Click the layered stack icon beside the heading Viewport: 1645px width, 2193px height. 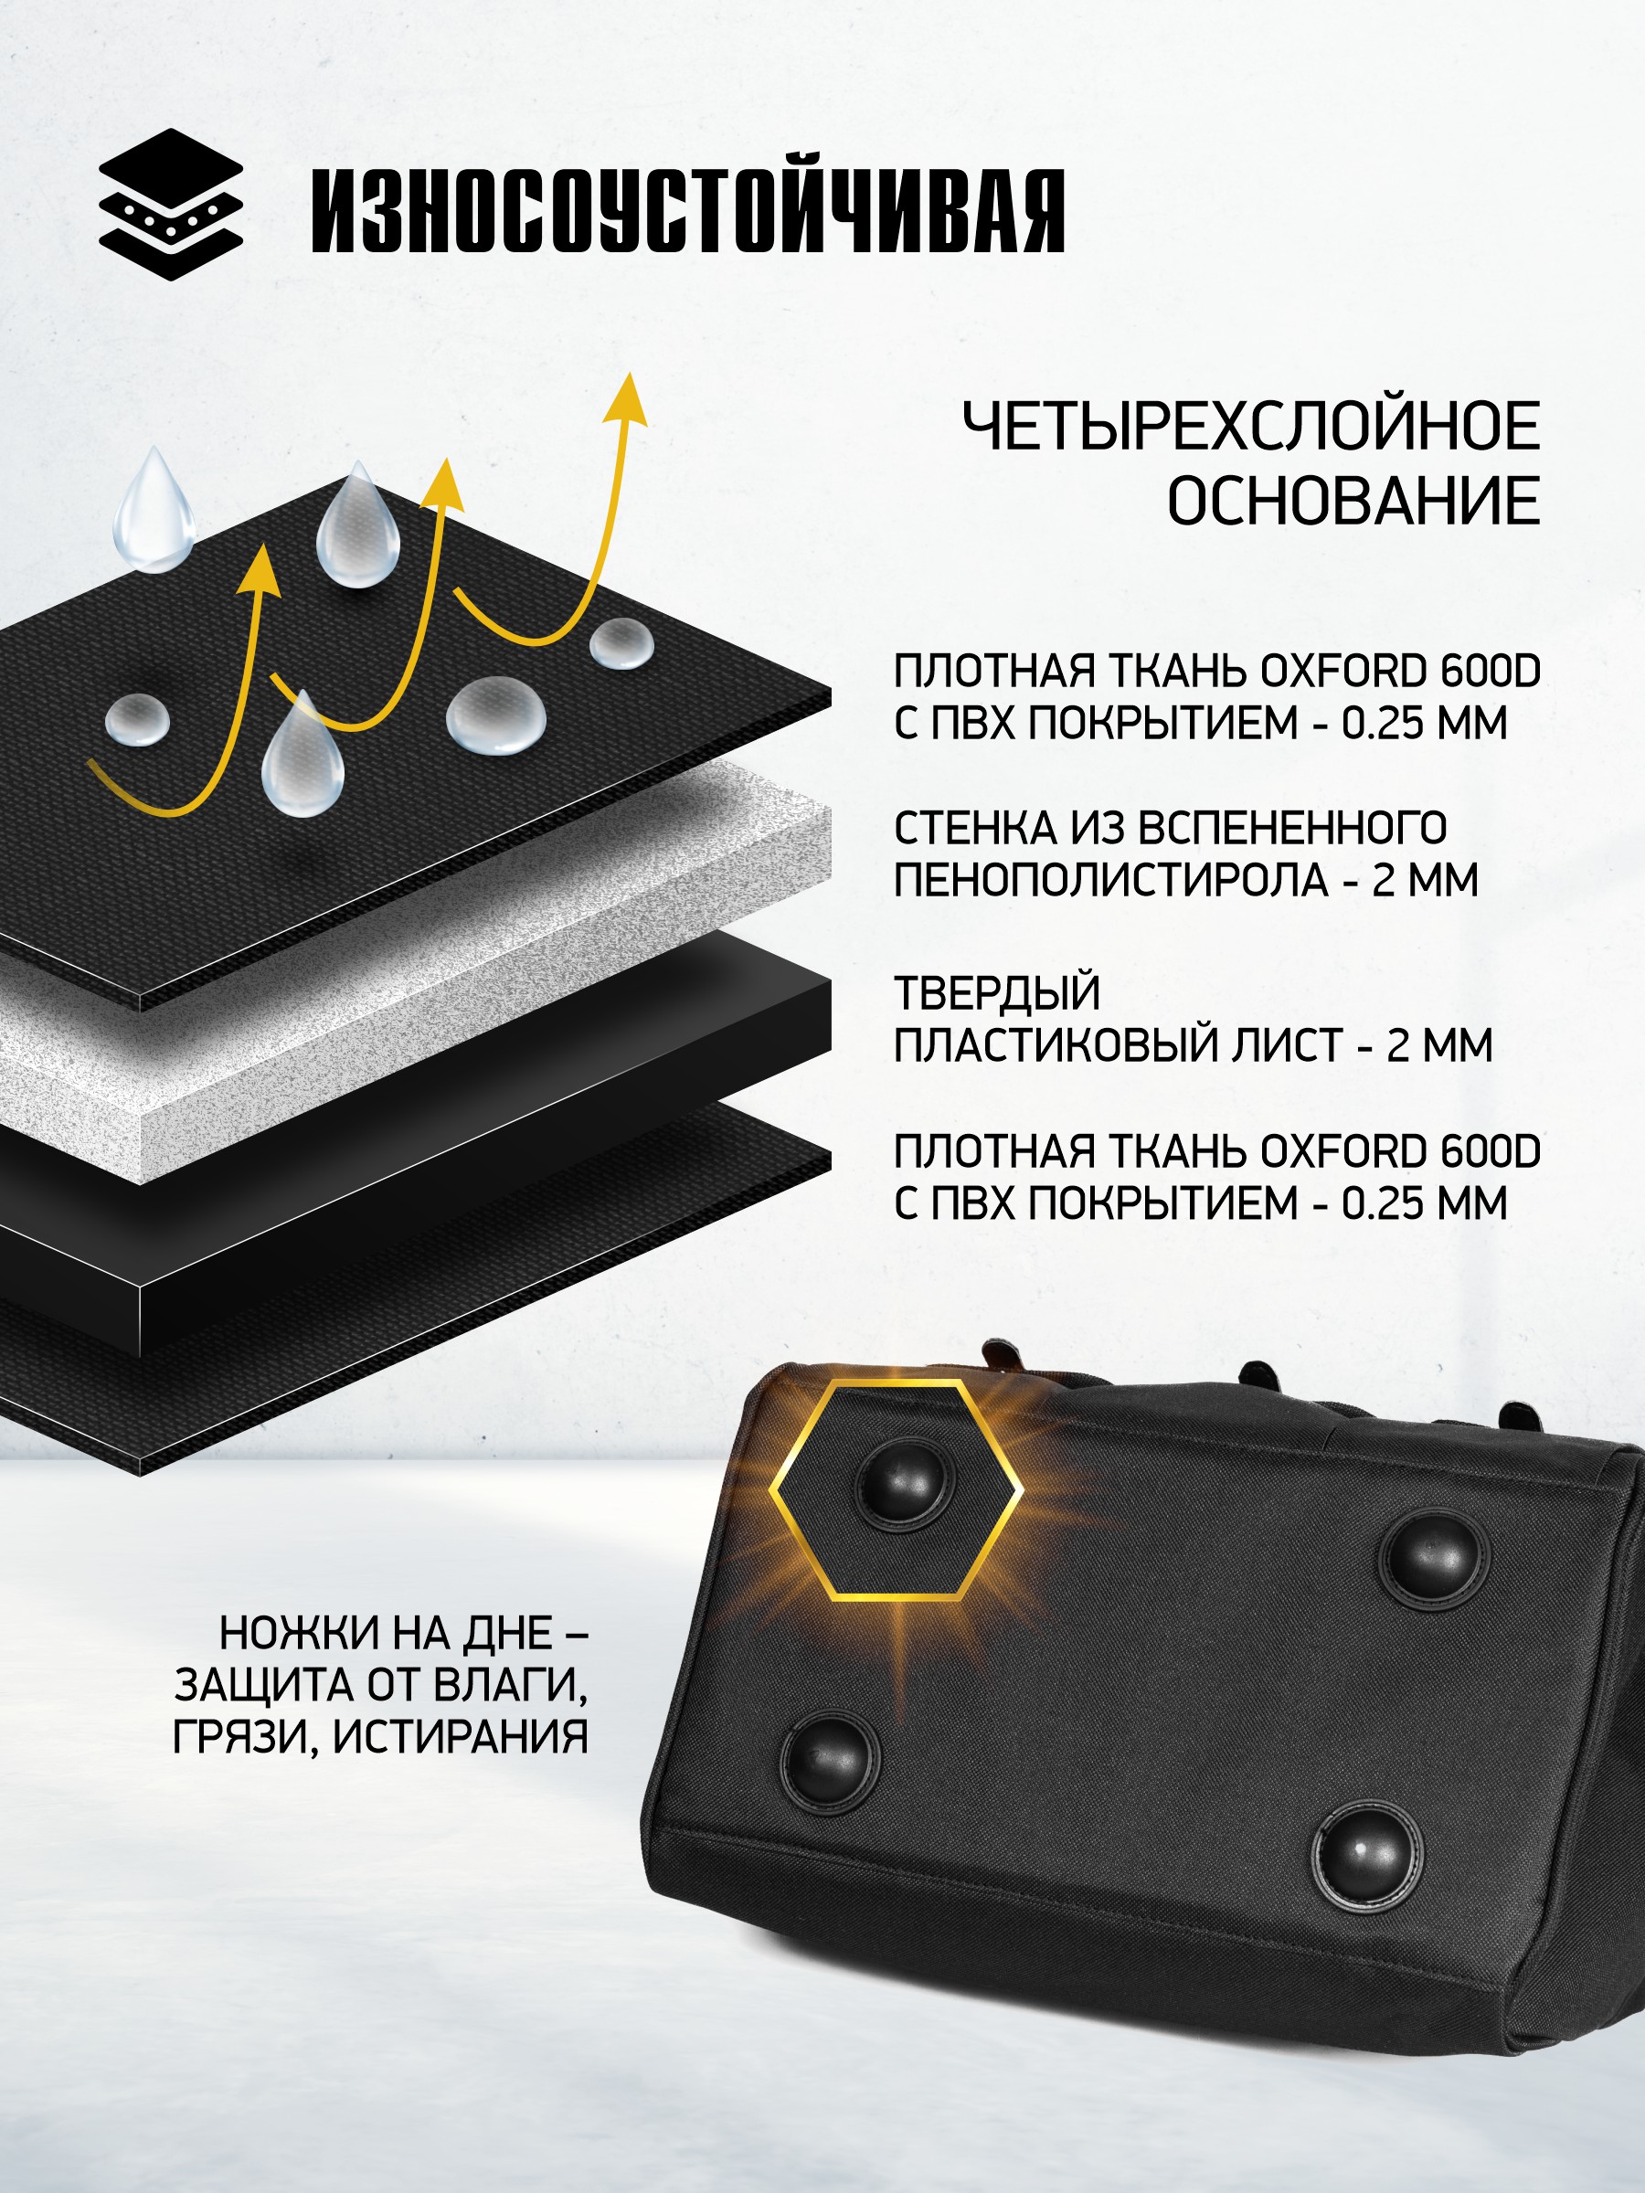(171, 205)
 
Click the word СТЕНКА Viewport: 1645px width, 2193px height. (973, 828)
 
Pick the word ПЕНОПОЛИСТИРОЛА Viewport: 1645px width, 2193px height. (1110, 879)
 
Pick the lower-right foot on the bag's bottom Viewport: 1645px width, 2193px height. (1367, 1857)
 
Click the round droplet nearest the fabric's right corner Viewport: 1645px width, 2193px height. (621, 643)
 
